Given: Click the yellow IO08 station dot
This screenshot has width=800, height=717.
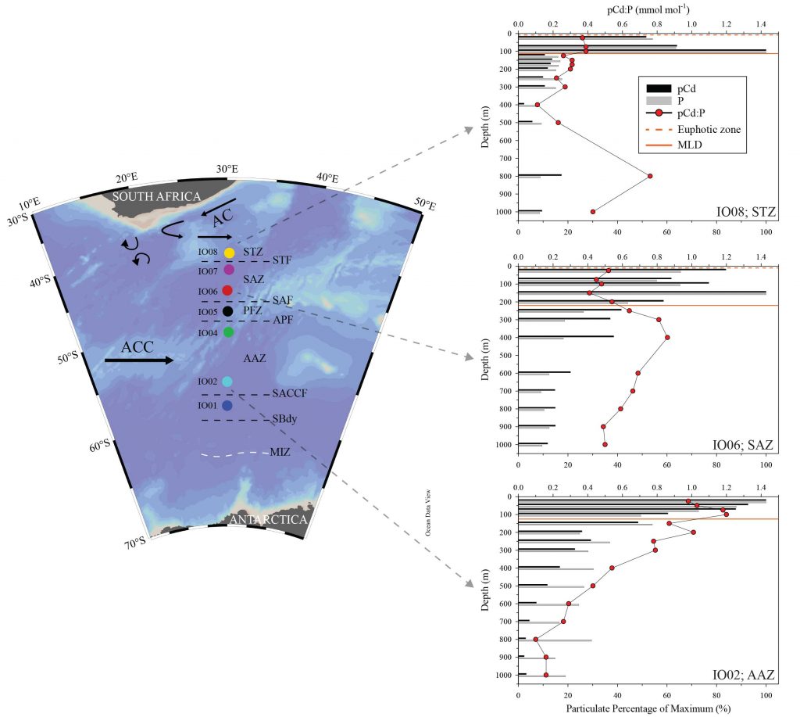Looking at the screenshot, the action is (x=229, y=253).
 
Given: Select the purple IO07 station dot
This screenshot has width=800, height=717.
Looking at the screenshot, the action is (x=229, y=269).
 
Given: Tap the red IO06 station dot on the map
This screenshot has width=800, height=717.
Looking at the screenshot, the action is (x=227, y=291).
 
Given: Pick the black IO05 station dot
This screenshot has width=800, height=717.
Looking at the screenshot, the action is (x=228, y=310).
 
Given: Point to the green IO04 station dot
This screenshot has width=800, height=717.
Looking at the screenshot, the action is (x=229, y=332).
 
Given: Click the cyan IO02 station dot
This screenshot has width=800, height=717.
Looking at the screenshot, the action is (x=227, y=382).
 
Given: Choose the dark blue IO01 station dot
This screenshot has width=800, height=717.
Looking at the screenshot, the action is (x=227, y=406).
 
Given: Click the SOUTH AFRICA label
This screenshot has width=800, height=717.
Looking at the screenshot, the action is (x=156, y=196).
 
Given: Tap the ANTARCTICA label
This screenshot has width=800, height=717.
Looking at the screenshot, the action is (x=269, y=519).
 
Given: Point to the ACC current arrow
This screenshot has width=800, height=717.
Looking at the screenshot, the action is (x=139, y=360).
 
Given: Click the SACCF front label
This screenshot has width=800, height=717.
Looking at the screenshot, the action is (x=289, y=393).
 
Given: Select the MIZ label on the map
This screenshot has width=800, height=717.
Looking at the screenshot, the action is (x=280, y=452).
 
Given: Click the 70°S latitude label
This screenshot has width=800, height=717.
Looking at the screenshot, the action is (x=135, y=542).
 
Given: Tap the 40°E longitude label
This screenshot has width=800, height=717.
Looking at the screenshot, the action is (x=327, y=177).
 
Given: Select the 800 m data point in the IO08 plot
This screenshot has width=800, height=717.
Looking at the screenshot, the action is (x=649, y=176).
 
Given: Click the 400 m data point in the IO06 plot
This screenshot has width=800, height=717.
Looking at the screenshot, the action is (x=667, y=338).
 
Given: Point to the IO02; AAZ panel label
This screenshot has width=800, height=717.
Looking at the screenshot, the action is (x=743, y=675).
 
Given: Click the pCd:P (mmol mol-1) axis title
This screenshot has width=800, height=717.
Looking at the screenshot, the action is (x=648, y=9).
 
